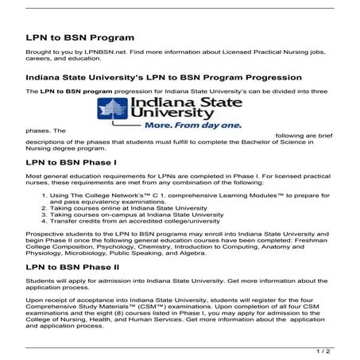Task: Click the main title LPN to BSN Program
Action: [79, 37]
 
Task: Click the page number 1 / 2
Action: [344, 350]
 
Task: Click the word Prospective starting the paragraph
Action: [45, 236]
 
